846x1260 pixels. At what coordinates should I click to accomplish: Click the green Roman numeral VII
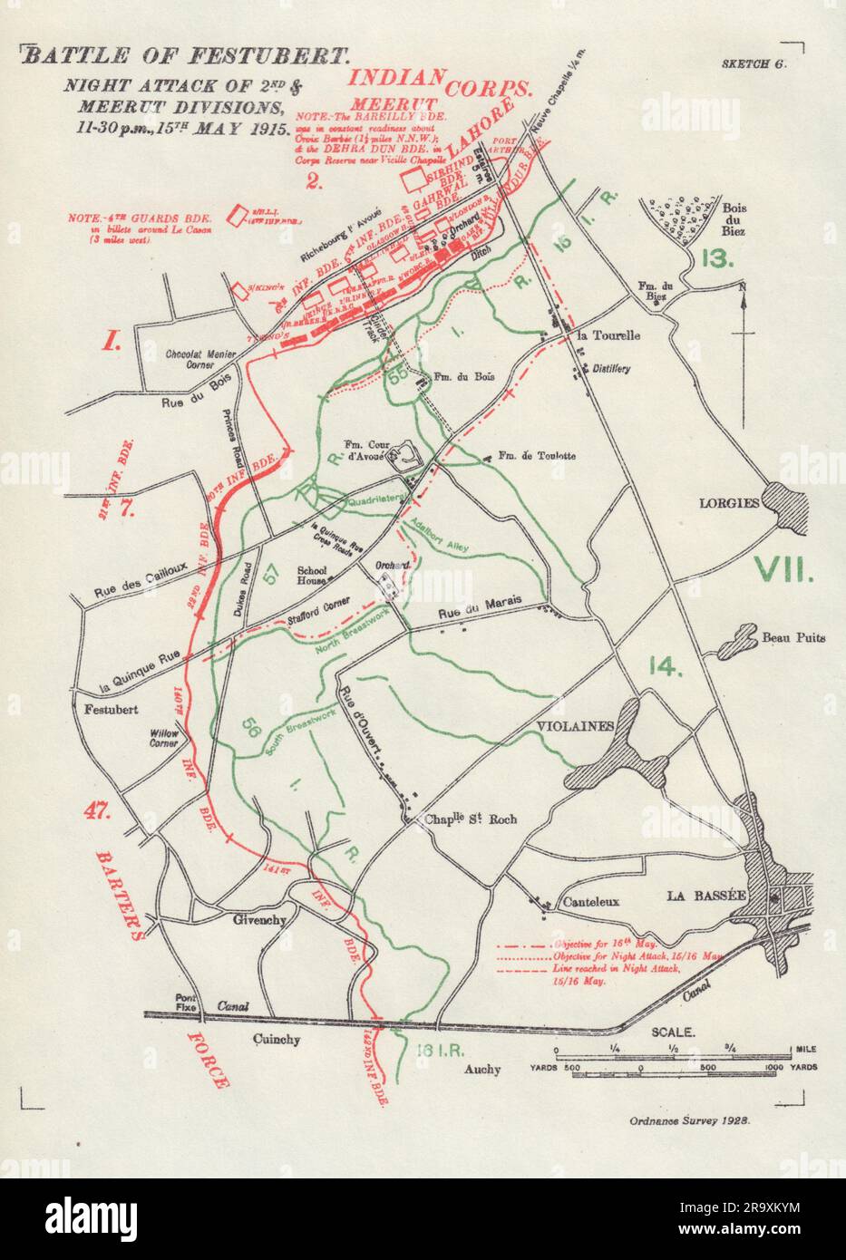[x=785, y=568]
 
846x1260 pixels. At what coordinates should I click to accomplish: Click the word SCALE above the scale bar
[x=674, y=1032]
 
